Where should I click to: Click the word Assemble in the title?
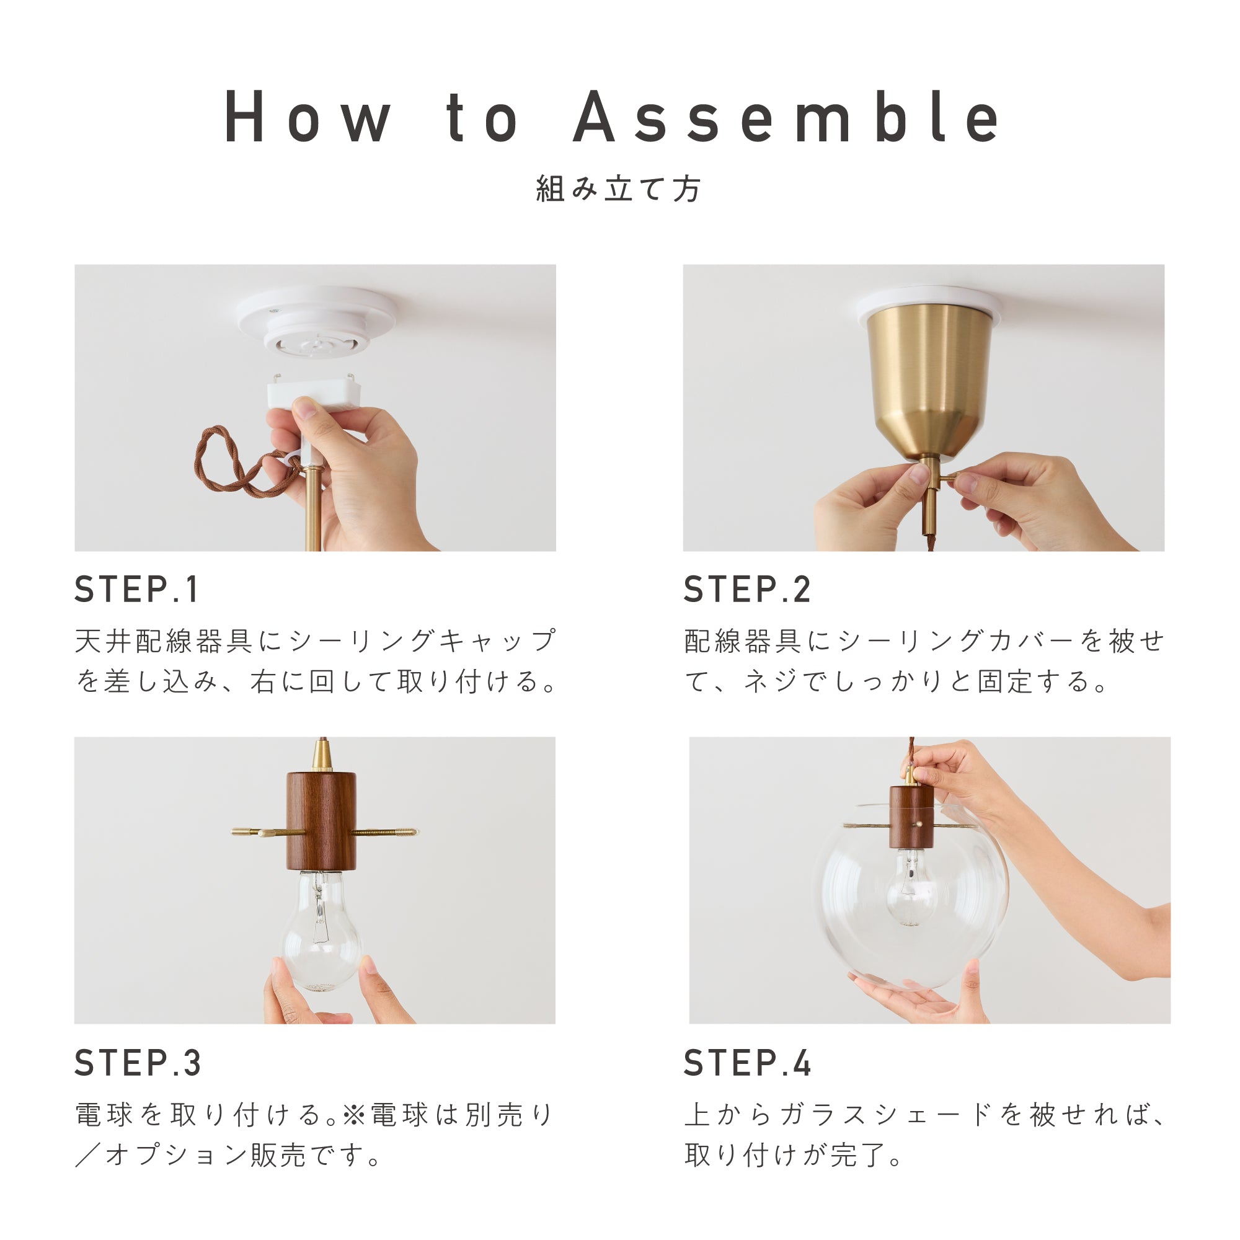click(x=786, y=117)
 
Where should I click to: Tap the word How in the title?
click(x=308, y=117)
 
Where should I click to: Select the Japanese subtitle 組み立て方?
click(x=619, y=188)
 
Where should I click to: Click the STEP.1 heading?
click(x=136, y=589)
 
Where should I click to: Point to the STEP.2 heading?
click(x=747, y=589)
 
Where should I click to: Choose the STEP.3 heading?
click(x=138, y=1063)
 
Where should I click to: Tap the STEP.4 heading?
click(x=747, y=1063)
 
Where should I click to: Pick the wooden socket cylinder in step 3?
click(x=321, y=820)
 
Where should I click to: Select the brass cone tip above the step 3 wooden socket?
click(x=322, y=755)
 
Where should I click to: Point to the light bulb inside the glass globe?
click(x=911, y=892)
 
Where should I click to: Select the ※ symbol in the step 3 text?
click(x=353, y=1115)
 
